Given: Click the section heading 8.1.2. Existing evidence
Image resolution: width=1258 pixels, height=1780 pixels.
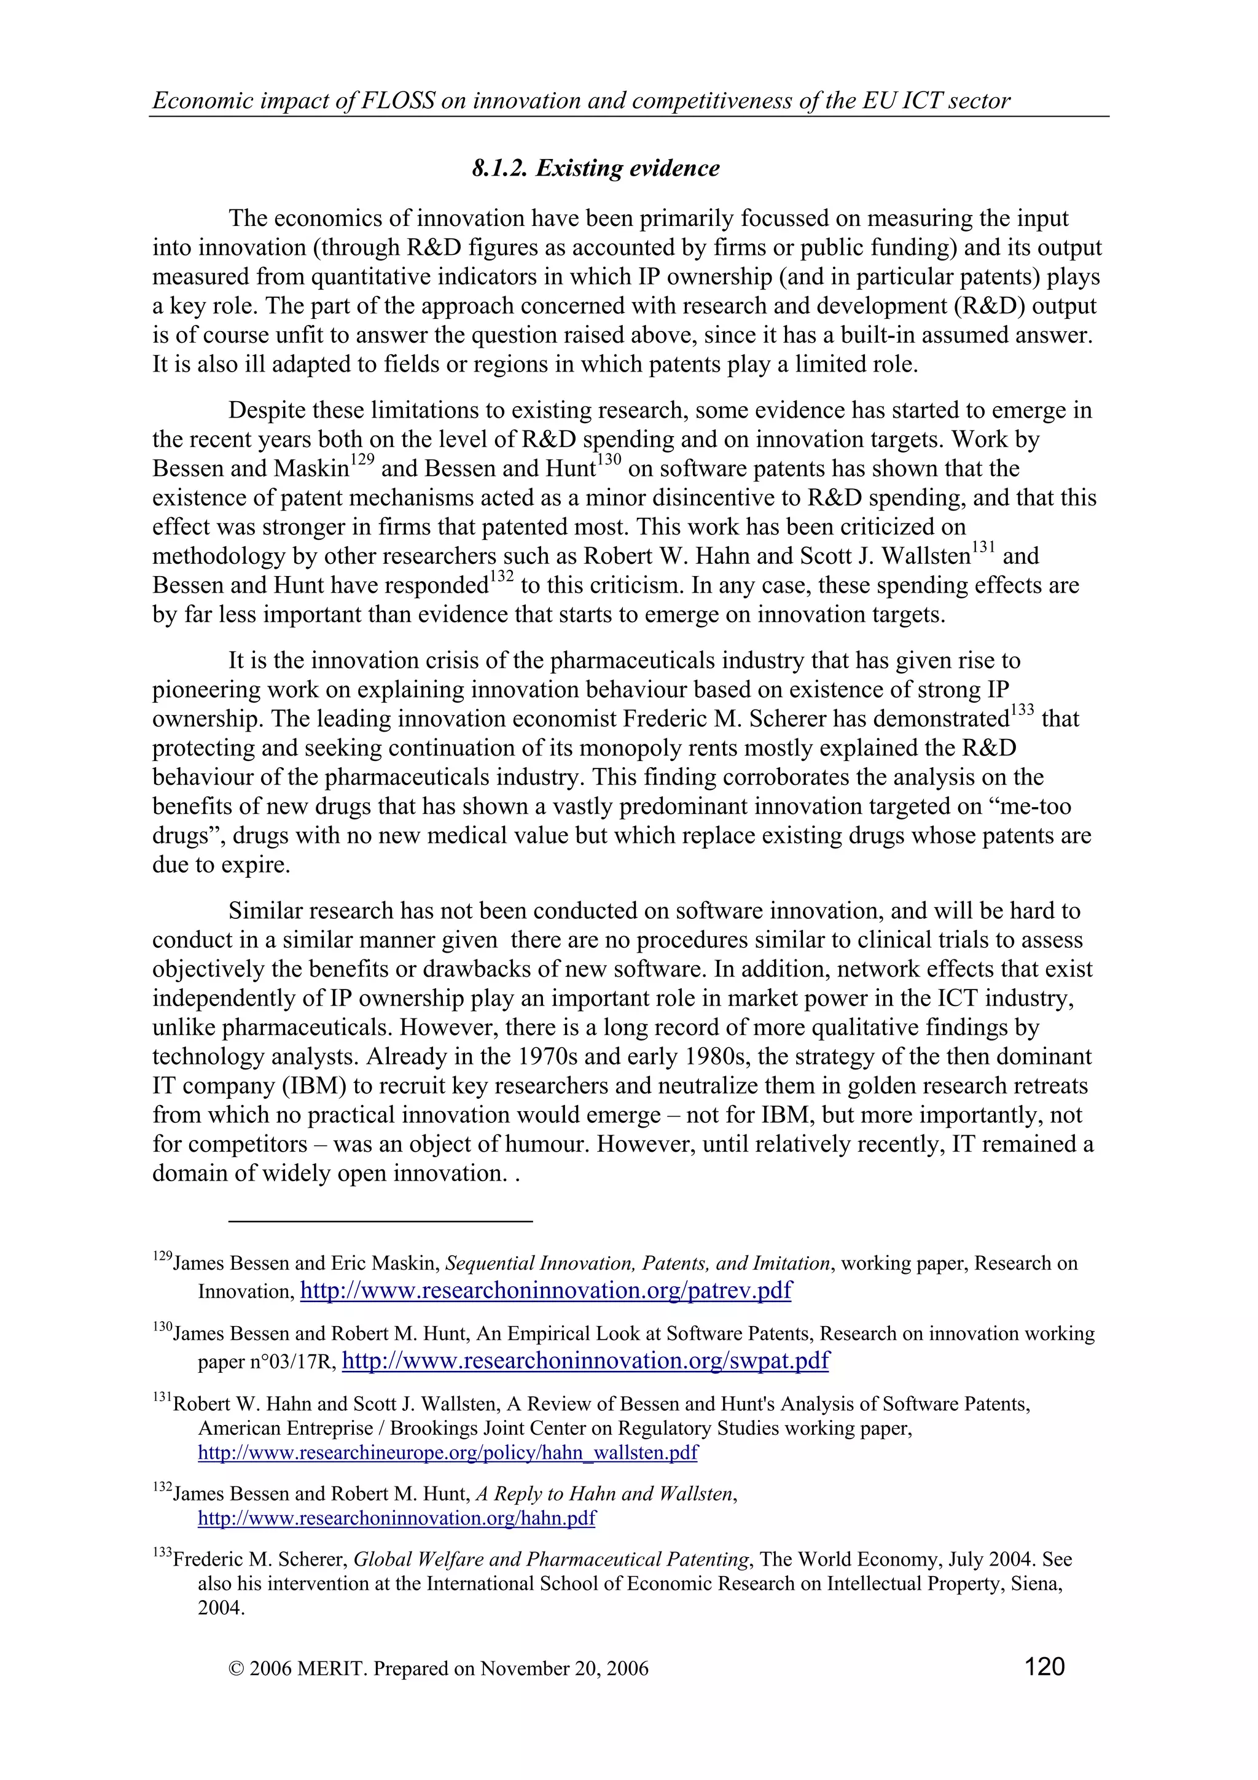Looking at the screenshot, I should (595, 168).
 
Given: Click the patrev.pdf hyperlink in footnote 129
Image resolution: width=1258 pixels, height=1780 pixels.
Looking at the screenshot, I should (545, 1291).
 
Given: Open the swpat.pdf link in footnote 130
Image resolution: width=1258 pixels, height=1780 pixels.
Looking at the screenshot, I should (585, 1361).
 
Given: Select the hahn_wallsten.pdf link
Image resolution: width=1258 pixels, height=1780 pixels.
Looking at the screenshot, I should (447, 1453).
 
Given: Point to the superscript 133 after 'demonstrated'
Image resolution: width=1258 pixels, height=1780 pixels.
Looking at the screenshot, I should (1022, 711).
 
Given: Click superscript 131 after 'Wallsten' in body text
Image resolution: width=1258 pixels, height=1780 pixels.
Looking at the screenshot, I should (983, 549).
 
